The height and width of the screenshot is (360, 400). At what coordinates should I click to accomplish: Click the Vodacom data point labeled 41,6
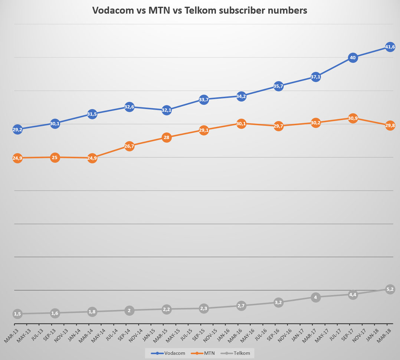point(390,47)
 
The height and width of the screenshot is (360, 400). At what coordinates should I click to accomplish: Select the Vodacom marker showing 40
point(353,58)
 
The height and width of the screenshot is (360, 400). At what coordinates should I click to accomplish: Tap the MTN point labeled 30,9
point(353,118)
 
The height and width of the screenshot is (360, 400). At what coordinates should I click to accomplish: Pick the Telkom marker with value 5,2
point(390,289)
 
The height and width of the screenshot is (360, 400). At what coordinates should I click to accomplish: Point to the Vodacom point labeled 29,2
point(17,130)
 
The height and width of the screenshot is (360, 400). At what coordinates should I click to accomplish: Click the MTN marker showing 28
point(167,138)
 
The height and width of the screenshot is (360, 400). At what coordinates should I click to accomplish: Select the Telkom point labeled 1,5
point(17,314)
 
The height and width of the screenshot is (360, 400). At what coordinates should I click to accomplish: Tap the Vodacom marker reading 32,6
point(129,107)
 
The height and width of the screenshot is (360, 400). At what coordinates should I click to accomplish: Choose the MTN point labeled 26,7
point(129,146)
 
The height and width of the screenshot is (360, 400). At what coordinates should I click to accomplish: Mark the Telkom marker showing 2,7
point(241,306)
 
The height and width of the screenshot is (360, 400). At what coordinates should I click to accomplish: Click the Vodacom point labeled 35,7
point(278,86)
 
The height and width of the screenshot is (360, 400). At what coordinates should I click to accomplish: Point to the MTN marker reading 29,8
point(390,125)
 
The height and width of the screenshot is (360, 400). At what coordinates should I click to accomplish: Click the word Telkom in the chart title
point(200,11)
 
